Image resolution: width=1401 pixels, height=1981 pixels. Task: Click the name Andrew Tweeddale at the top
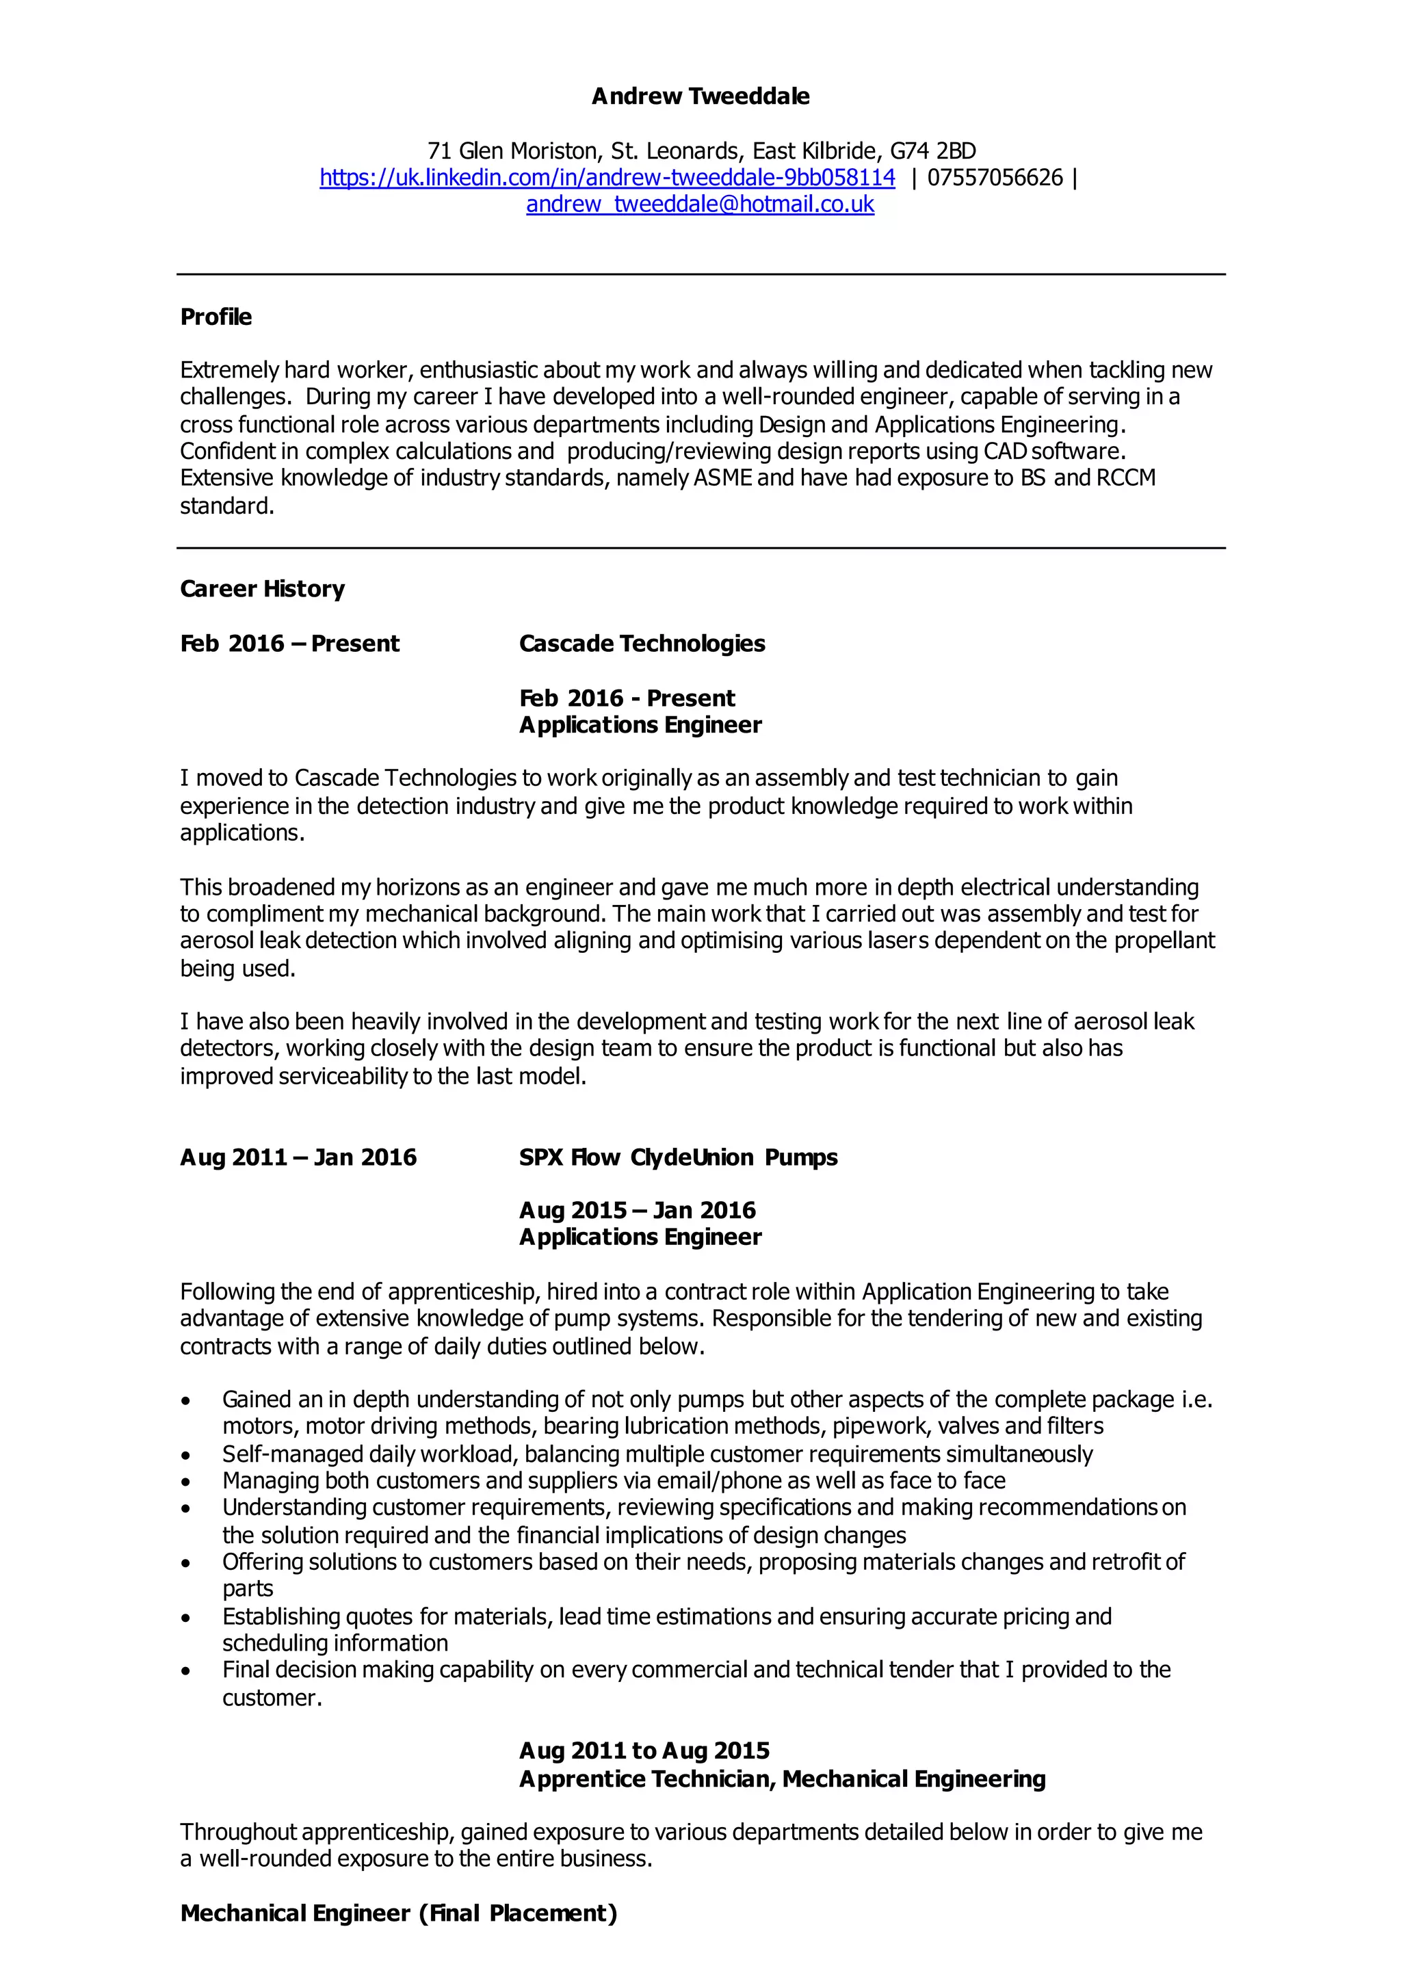pos(700,96)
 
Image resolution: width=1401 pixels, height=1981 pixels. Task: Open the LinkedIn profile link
pos(607,178)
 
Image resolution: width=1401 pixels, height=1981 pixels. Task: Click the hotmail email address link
pos(700,205)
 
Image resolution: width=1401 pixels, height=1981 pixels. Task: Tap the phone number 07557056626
pos(995,178)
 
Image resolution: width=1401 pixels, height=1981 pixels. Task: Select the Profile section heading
pos(215,317)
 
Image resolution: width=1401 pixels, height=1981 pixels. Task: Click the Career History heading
pos(262,589)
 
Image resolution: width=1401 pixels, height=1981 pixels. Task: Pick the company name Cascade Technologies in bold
pos(642,644)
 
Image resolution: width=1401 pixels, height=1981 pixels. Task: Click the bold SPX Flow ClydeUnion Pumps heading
pos(678,1157)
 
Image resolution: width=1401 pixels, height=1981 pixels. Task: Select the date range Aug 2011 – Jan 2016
pos(298,1157)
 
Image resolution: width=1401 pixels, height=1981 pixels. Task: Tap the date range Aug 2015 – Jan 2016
pos(638,1211)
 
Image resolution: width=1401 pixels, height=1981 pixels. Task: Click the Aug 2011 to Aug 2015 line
pos(644,1750)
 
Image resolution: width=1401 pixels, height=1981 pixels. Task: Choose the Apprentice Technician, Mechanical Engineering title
pos(782,1779)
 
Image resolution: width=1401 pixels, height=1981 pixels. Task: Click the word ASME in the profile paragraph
pos(723,478)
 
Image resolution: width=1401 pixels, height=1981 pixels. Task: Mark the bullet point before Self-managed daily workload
pos(185,1456)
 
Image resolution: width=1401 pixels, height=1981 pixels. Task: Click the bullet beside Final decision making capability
pos(185,1671)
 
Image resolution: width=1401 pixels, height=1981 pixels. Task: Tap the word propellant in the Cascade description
pos(1164,941)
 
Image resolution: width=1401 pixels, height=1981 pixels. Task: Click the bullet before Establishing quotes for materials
pos(185,1618)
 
